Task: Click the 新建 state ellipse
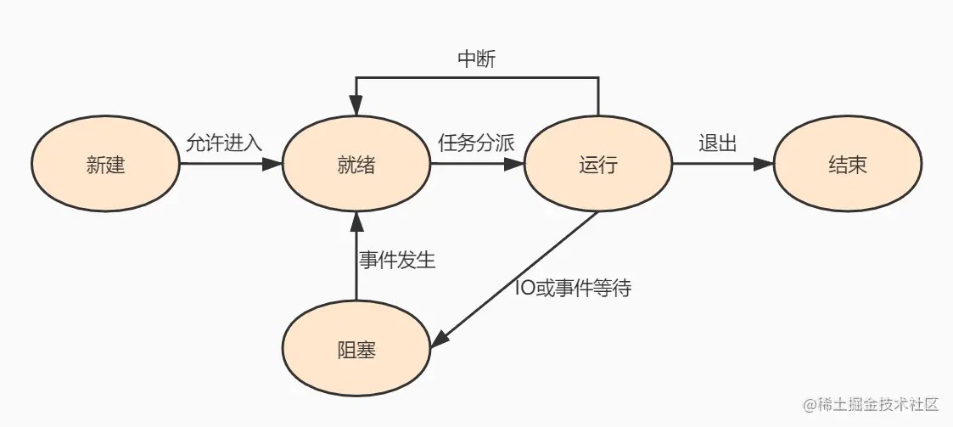coord(105,165)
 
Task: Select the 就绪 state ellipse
coord(356,165)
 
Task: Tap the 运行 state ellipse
coord(598,165)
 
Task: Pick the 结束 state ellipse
coord(847,165)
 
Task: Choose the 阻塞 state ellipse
coord(356,350)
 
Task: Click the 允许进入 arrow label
coord(224,143)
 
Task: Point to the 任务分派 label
coord(476,143)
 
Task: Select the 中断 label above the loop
coord(476,59)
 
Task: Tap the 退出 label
coord(717,143)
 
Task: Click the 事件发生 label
coord(397,260)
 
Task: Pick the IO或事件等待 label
coord(573,288)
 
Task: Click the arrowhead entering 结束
coord(766,166)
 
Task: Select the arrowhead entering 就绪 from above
coord(356,109)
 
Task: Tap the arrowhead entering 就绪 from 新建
coord(275,166)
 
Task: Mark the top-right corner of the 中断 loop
coord(598,78)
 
